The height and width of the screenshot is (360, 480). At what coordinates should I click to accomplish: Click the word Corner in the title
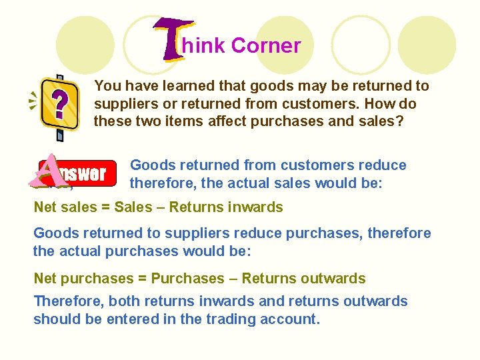point(266,46)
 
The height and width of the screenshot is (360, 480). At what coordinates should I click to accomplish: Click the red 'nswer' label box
point(81,174)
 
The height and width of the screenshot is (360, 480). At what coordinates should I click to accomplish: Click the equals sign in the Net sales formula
point(105,207)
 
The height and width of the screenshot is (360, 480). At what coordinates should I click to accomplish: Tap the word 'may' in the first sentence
point(297,86)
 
